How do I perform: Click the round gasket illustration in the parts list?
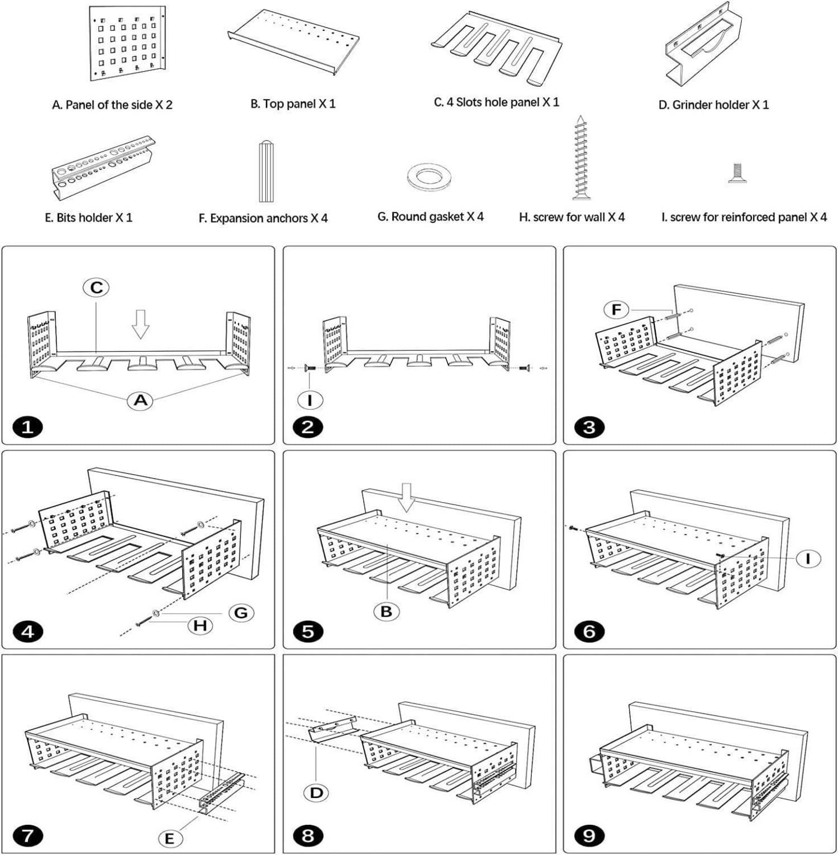click(428, 178)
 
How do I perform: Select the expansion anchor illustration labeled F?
click(266, 172)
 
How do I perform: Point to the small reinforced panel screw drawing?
click(737, 173)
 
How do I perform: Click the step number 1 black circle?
click(27, 428)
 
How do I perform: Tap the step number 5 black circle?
click(308, 632)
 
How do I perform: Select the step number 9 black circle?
click(589, 836)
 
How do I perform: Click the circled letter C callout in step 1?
click(96, 287)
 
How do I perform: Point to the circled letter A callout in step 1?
click(140, 400)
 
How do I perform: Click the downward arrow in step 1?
click(140, 324)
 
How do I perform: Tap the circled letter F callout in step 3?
click(616, 309)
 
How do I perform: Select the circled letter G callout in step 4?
click(241, 613)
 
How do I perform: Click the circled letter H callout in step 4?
click(200, 625)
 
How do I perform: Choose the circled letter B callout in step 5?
click(386, 612)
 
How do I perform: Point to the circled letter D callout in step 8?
click(316, 792)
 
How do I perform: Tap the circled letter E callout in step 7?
click(170, 838)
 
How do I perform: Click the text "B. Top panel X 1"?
click(293, 104)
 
